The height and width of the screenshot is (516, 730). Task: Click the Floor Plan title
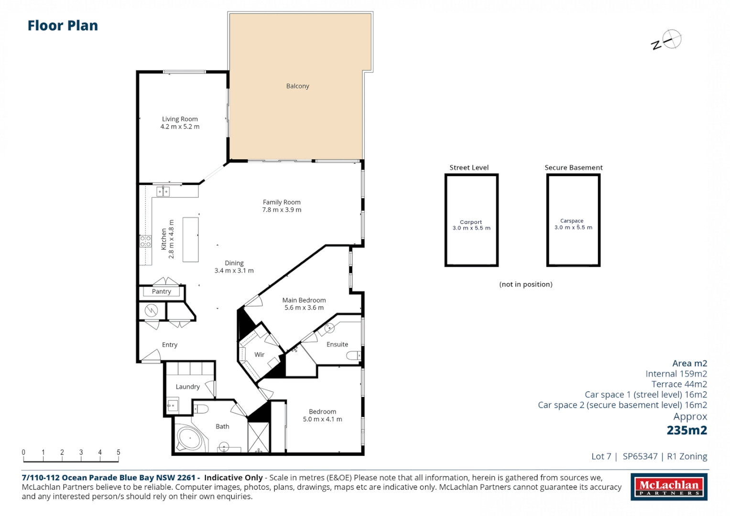63,26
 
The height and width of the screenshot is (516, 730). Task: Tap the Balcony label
297,86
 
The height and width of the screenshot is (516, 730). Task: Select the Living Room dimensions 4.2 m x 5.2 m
180,127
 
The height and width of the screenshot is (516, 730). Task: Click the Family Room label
282,202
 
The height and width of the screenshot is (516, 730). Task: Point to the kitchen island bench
190,239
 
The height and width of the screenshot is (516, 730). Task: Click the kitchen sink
163,192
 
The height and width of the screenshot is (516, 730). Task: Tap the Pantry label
161,291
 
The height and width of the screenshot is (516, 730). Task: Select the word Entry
169,345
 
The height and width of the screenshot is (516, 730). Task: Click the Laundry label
187,387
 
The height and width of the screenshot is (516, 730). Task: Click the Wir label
259,355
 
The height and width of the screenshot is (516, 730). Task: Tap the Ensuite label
337,344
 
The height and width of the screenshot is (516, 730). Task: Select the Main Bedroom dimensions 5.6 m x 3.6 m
304,308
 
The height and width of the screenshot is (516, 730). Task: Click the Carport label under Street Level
471,222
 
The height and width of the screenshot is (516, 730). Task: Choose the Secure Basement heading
573,168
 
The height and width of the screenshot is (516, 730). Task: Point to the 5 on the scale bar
119,452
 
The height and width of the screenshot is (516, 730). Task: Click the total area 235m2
686,430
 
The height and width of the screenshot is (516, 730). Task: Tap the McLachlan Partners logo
669,487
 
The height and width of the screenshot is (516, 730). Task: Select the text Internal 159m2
676,374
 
